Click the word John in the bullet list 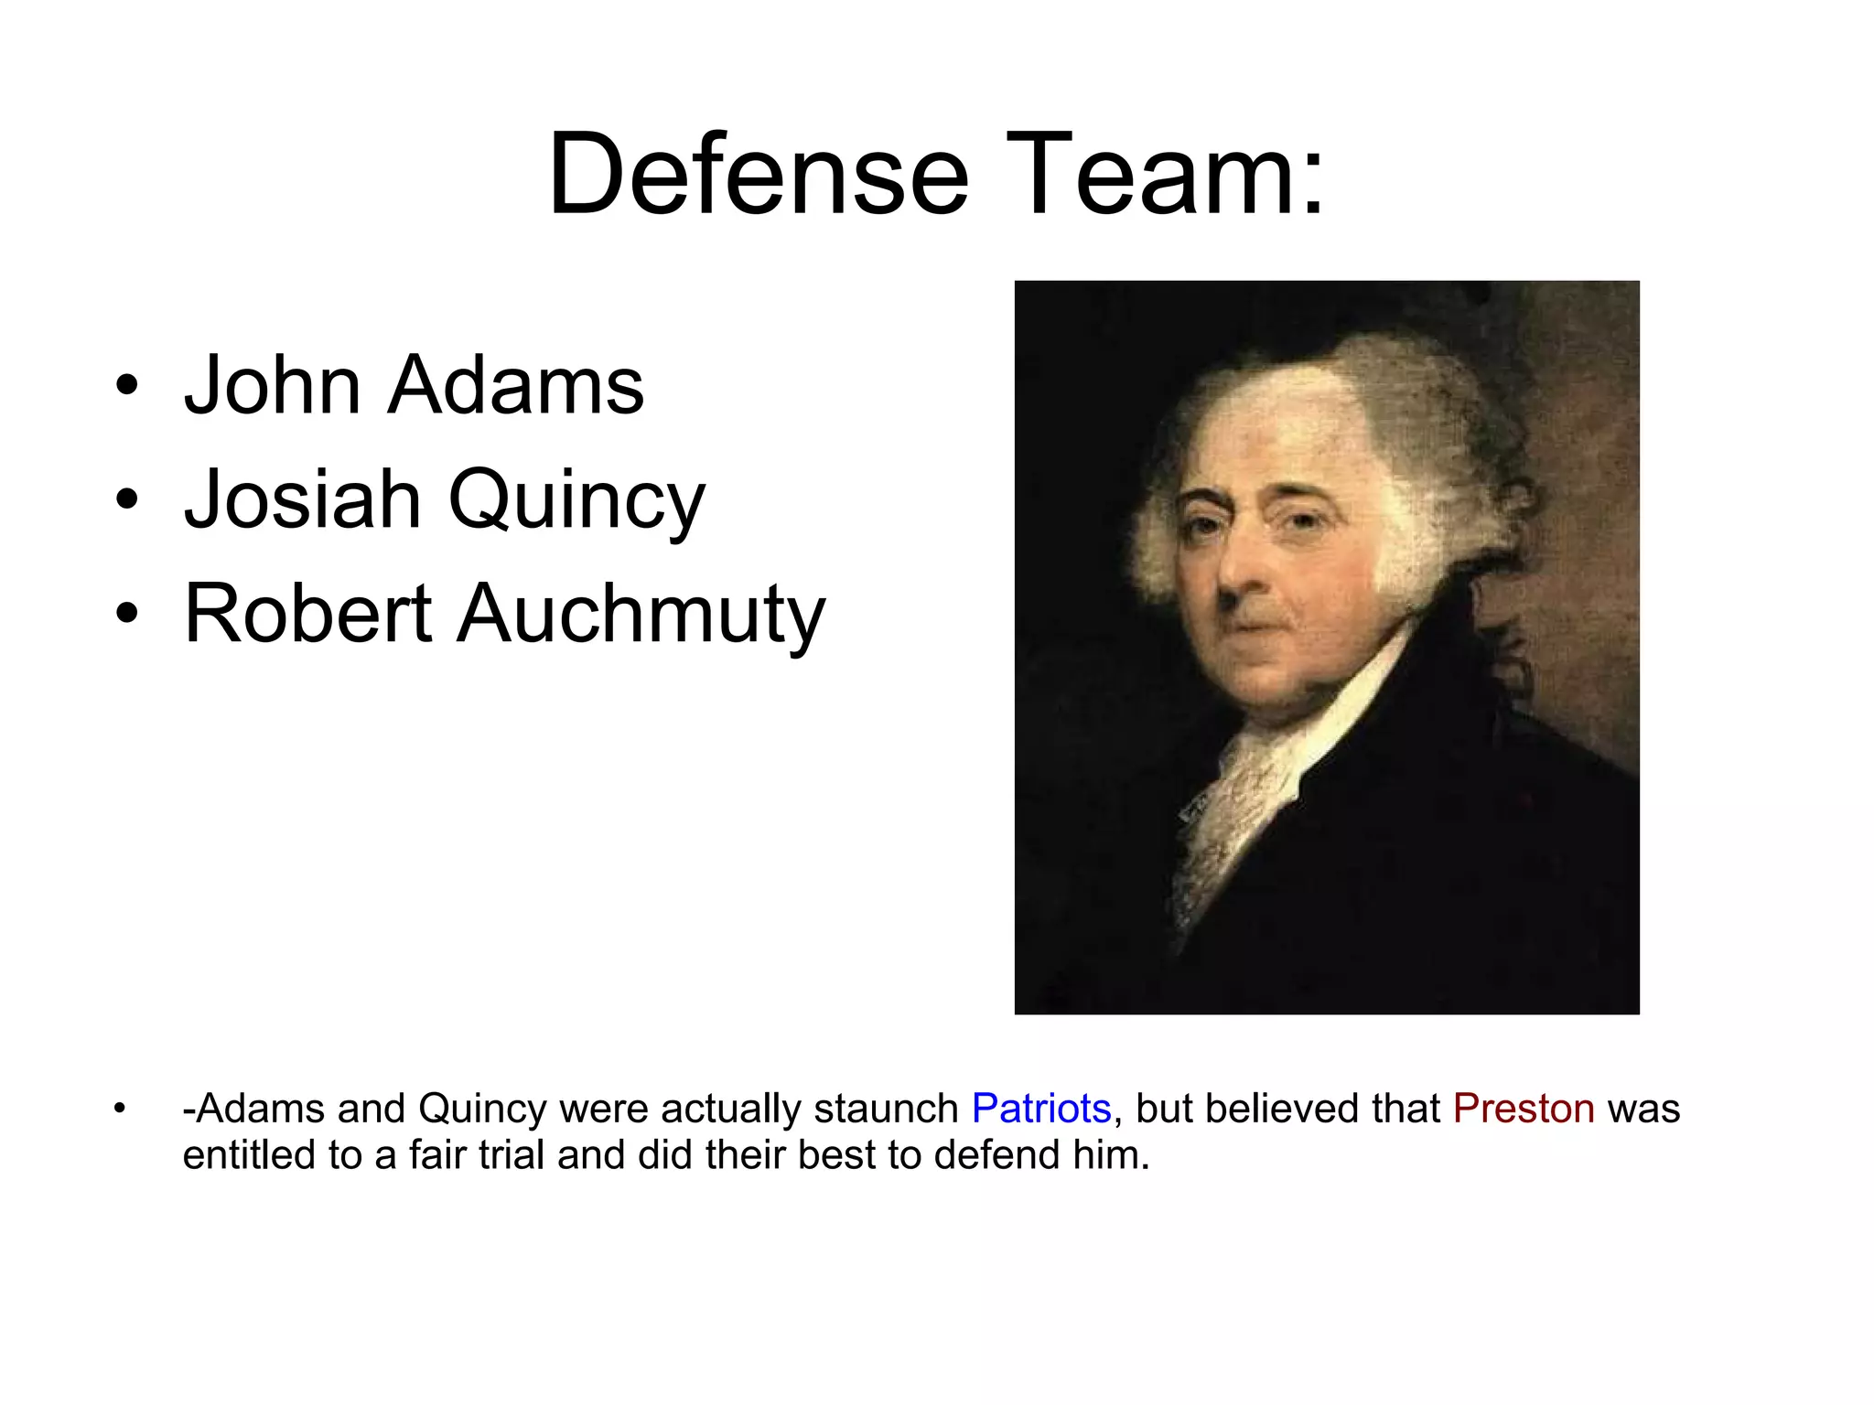pos(272,385)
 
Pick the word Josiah pos(302,499)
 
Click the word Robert pos(307,613)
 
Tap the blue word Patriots pos(1040,1109)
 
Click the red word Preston pos(1524,1109)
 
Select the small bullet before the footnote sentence pos(118,1110)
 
